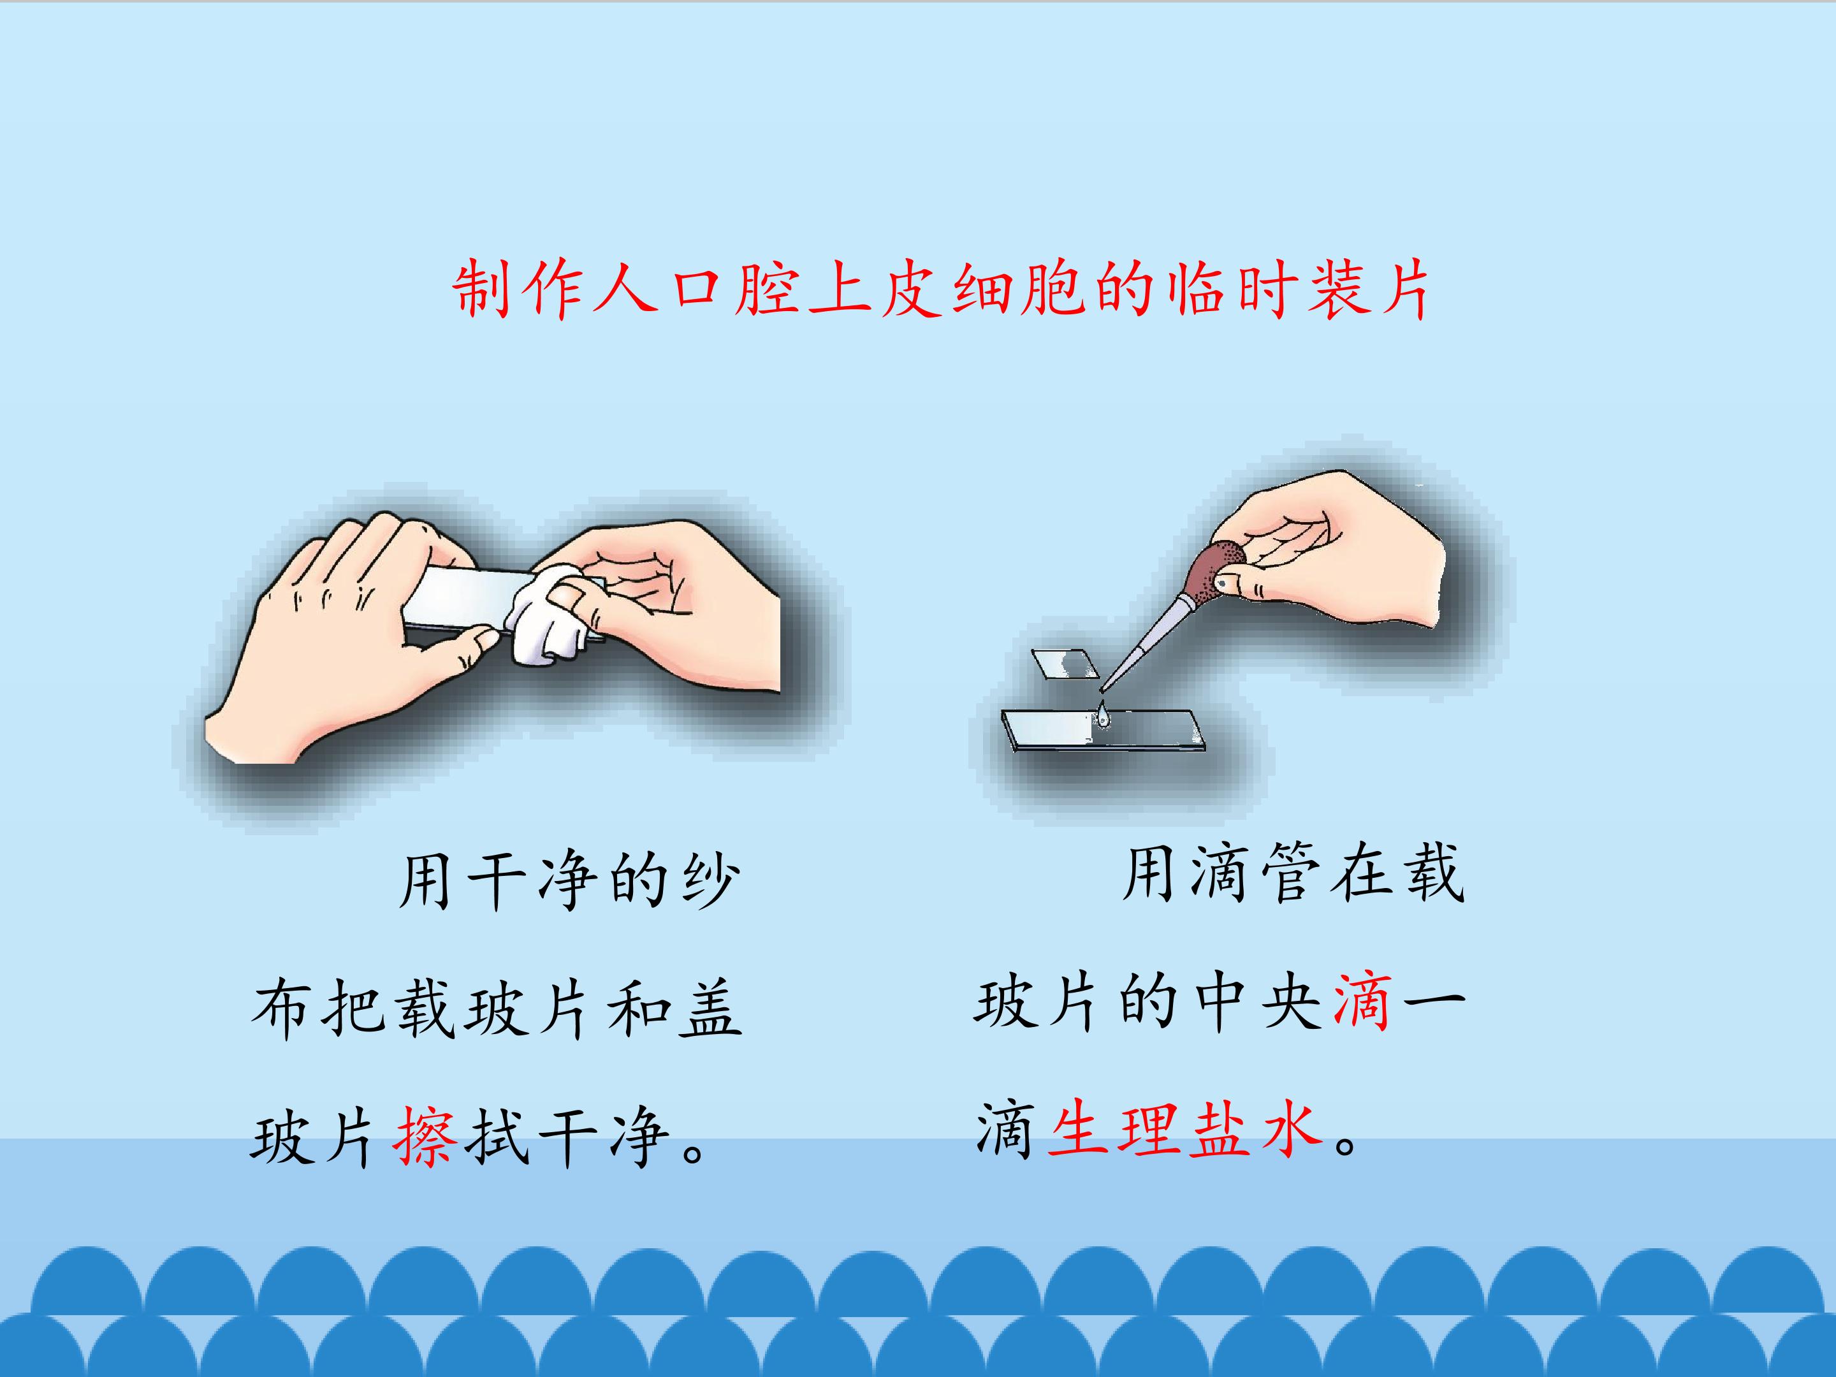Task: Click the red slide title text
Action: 941,289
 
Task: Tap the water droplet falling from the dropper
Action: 1102,715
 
